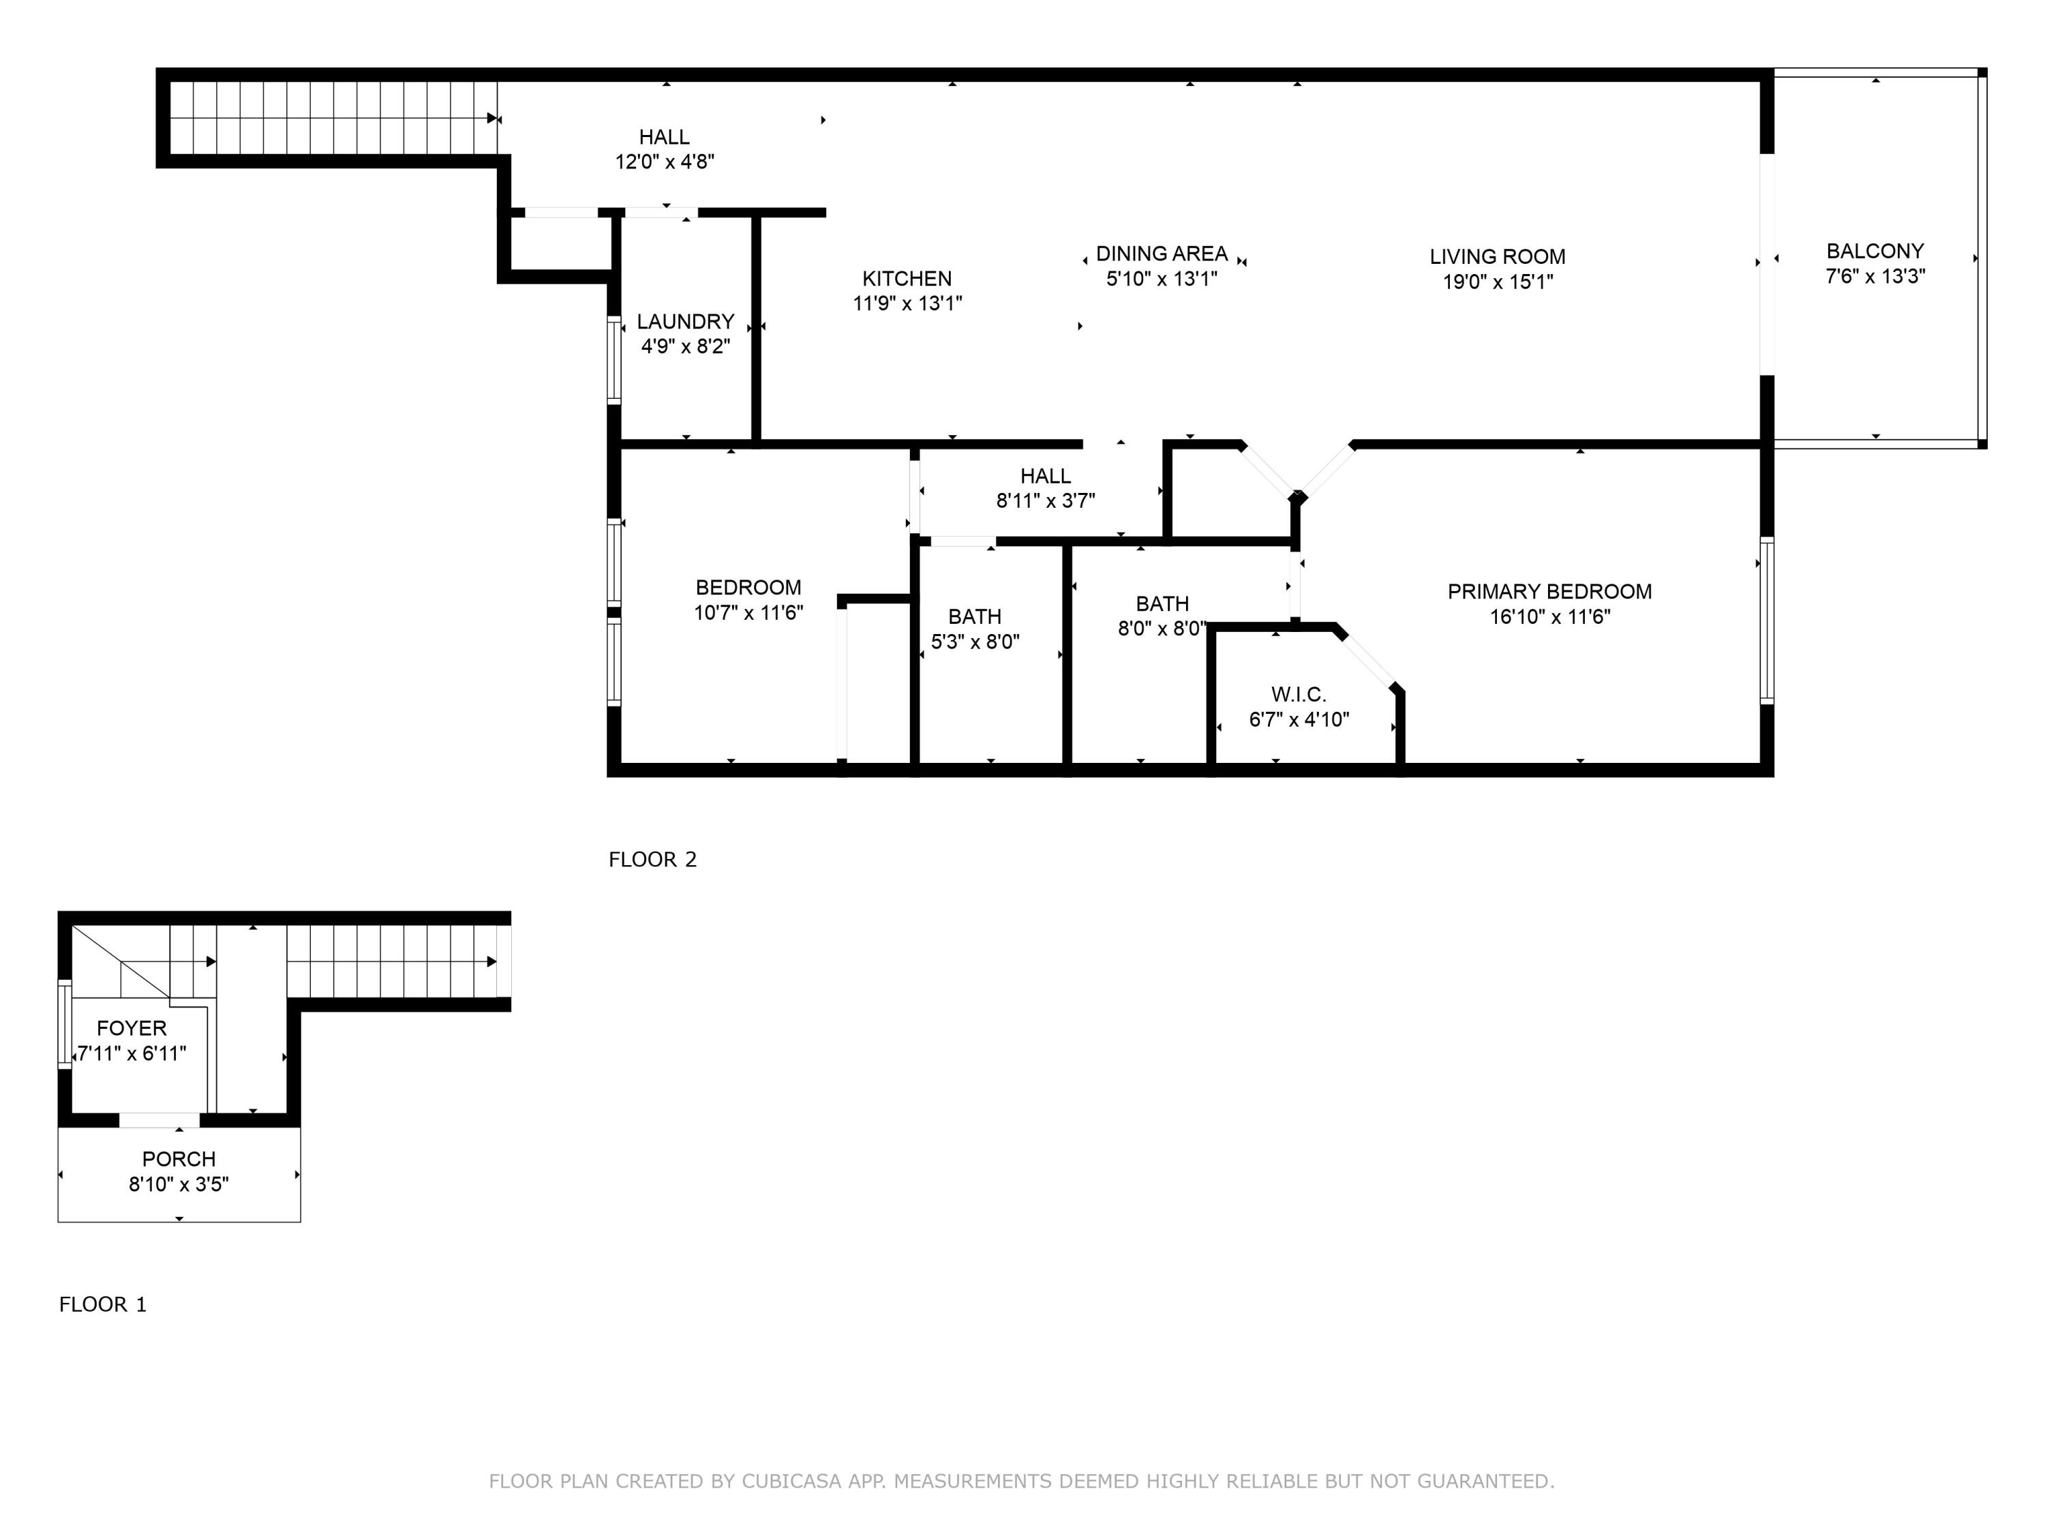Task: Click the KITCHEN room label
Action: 907,278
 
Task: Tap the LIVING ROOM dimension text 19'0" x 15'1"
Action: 1498,282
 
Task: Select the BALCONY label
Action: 1875,251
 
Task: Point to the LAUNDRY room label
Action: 685,322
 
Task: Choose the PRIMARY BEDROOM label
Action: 1549,592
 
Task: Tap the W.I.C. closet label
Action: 1299,695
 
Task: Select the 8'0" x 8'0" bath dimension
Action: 1162,629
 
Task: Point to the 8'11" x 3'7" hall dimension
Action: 1046,501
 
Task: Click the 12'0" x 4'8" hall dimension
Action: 665,162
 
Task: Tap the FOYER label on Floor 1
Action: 132,1028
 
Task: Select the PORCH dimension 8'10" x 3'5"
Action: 179,1184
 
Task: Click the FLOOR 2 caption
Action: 653,860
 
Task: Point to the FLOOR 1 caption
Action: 103,1305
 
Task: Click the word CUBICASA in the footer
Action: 791,1482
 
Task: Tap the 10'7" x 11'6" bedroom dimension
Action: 749,612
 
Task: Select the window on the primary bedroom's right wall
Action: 1767,620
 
